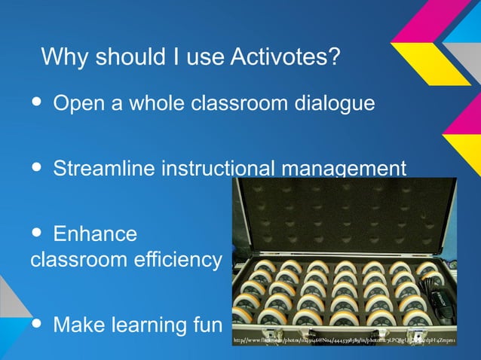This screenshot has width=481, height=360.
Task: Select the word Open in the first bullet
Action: (x=78, y=103)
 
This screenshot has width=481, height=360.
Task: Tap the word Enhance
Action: (x=95, y=233)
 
